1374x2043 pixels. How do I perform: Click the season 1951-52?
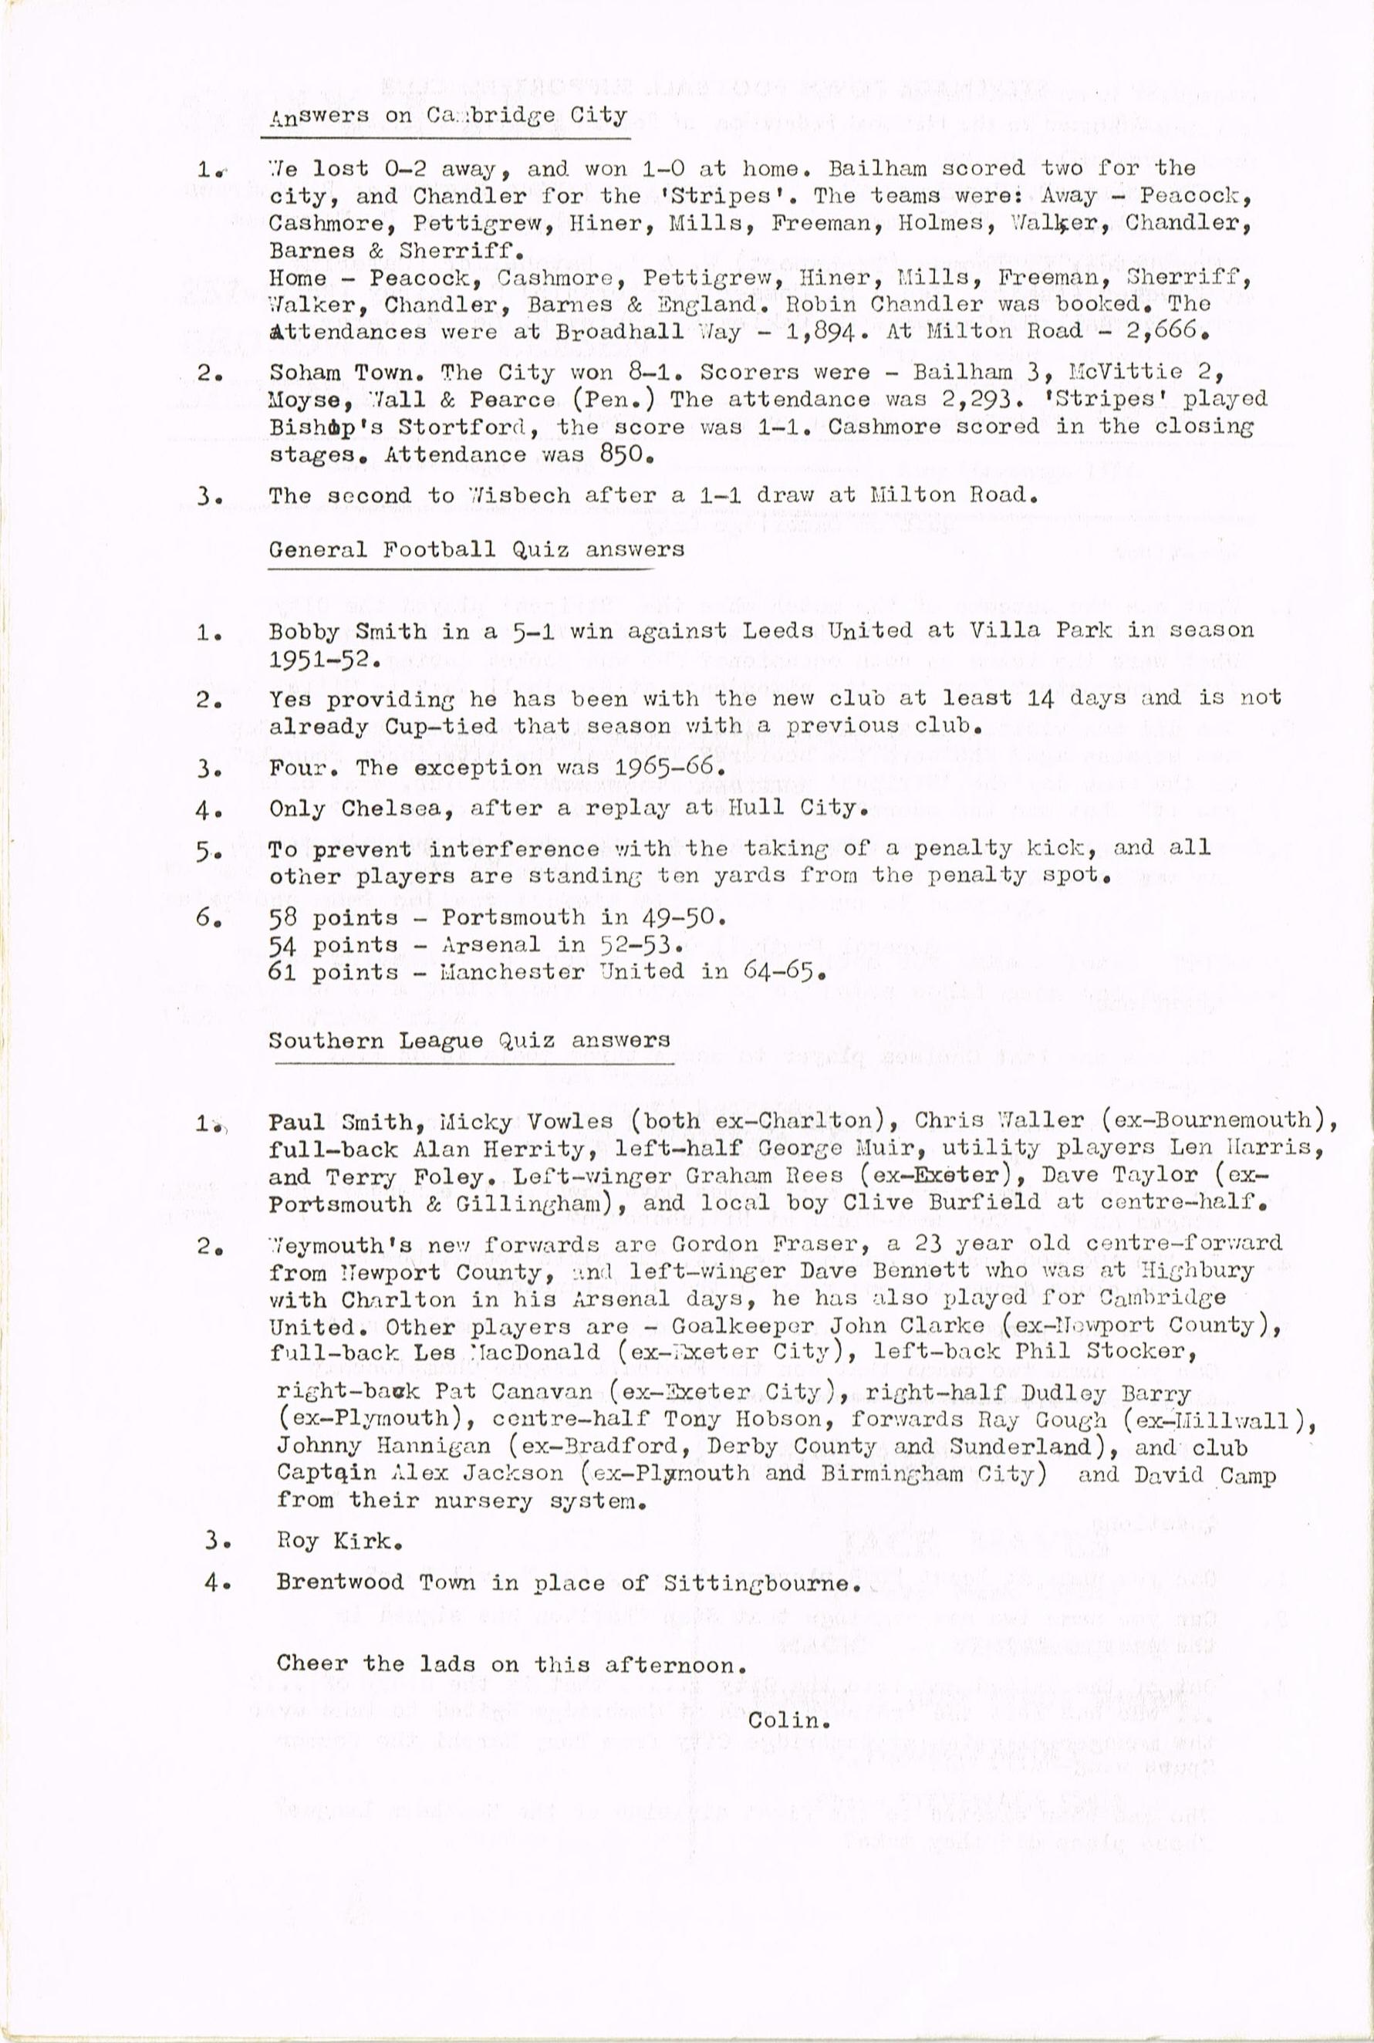pos(321,659)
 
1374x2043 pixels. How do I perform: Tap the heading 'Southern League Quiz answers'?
pos(469,1041)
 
